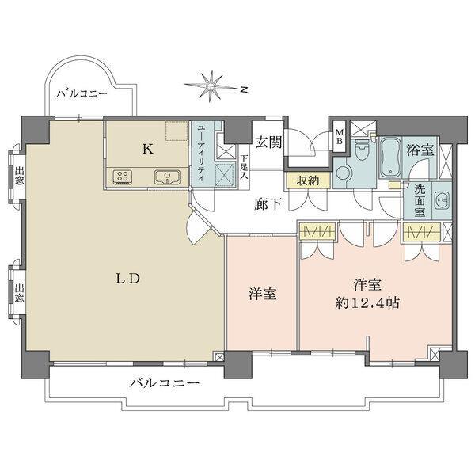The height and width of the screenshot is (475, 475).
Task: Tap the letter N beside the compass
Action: pyautogui.click(x=246, y=89)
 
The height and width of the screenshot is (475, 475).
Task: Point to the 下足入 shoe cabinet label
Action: pyautogui.click(x=244, y=168)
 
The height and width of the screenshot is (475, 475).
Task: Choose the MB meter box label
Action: pyautogui.click(x=338, y=136)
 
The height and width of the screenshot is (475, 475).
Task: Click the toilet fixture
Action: pyautogui.click(x=363, y=151)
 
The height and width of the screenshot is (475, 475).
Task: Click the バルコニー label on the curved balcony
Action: pyautogui.click(x=82, y=93)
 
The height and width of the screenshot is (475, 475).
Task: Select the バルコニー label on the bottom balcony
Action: pyautogui.click(x=163, y=383)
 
